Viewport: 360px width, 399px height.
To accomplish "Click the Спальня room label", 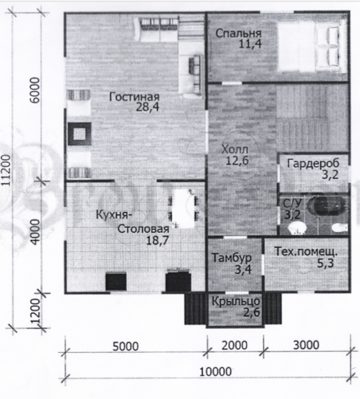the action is point(238,34).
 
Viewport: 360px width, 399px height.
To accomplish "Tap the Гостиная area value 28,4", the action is point(148,107).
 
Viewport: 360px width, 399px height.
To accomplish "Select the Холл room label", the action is point(235,149).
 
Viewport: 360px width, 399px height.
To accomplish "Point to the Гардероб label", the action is point(313,164).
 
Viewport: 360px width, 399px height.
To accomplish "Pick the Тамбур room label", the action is point(232,258).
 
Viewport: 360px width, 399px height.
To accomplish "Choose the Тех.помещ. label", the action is point(306,252).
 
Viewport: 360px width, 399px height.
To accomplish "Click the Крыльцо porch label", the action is point(236,302).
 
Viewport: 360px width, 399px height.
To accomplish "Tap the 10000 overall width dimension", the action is point(215,372).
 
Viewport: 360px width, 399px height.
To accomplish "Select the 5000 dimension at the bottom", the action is point(126,346).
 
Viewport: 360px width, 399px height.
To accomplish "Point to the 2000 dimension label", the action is point(234,346).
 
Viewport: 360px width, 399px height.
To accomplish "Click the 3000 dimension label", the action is point(306,345).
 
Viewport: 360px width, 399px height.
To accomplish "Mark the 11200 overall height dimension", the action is point(7,170).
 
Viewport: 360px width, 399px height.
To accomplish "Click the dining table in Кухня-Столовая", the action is point(183,209).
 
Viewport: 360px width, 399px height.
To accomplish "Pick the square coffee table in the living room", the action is point(80,134).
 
